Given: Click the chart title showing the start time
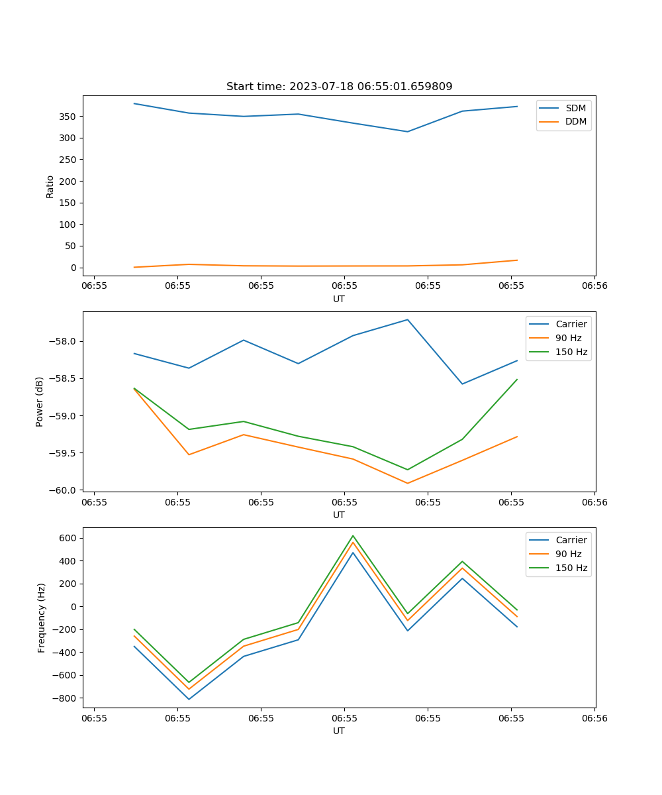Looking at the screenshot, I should (339, 87).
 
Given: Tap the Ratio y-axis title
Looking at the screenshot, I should (50, 186).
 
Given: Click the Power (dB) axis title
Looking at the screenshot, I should (40, 401).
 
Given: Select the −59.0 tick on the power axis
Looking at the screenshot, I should (65, 416).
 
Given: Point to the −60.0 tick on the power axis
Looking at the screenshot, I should (65, 490).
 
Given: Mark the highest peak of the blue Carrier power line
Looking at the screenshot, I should (407, 320).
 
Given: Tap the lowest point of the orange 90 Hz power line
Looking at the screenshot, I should (407, 483).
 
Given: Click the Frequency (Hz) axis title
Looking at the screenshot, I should (42, 617).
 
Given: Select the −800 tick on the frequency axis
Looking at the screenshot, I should (67, 698).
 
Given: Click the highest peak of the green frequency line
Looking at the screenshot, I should (353, 536).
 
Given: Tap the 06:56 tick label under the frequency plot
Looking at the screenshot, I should (594, 717).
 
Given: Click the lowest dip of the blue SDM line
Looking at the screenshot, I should (407, 132).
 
